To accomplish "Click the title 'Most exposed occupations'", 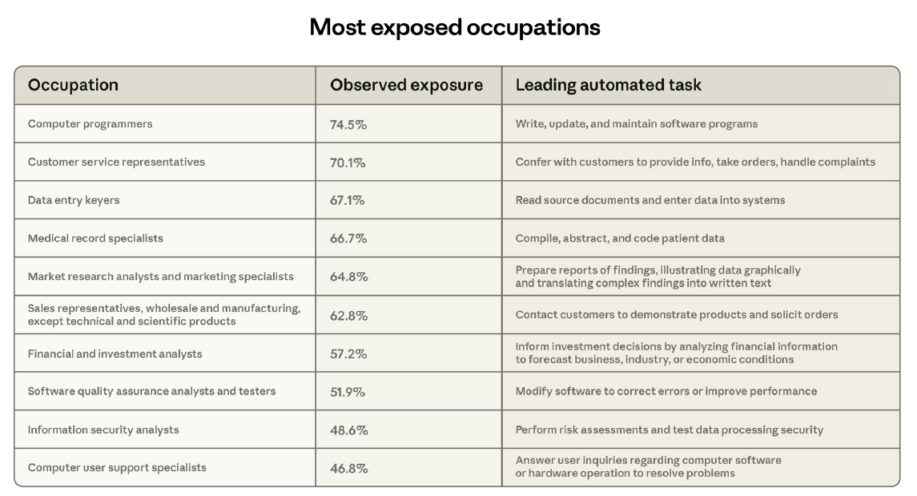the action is click(455, 27).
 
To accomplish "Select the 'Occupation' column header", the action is click(73, 86).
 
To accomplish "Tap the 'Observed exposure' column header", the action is click(407, 86).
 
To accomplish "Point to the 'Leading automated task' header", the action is click(608, 86).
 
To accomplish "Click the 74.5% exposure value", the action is click(348, 125).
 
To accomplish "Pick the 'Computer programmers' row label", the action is click(90, 124).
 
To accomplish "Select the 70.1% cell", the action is click(348, 163).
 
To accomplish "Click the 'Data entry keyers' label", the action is click(74, 200).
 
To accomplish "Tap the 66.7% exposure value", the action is click(348, 238).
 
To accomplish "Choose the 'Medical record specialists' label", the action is click(95, 238).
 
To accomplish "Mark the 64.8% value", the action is click(349, 277).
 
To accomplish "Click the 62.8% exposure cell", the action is click(349, 316).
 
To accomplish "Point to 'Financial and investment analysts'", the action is click(115, 354).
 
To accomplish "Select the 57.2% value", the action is click(348, 354).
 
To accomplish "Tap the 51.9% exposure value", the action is click(348, 392).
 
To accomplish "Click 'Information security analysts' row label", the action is click(103, 430).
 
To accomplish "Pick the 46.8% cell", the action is click(349, 469).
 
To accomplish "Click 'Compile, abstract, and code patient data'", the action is click(620, 238).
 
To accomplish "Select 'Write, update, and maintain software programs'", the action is click(636, 124).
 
